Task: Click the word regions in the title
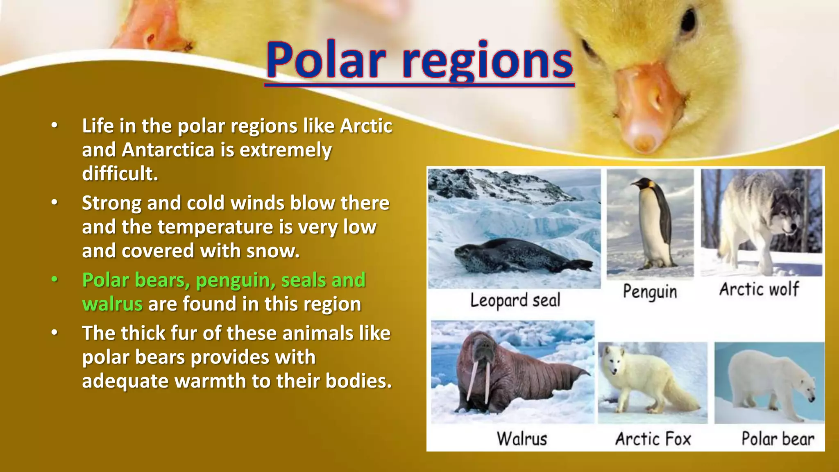pyautogui.click(x=488, y=61)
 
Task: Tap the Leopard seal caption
pyautogui.click(x=515, y=300)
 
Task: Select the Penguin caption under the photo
pyautogui.click(x=650, y=292)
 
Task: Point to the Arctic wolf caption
pyautogui.click(x=759, y=289)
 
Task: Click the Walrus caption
pyautogui.click(x=522, y=439)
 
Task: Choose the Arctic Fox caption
pyautogui.click(x=653, y=439)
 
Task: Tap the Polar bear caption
pyautogui.click(x=778, y=439)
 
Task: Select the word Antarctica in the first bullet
pyautogui.click(x=168, y=150)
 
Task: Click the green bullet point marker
pyautogui.click(x=54, y=280)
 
